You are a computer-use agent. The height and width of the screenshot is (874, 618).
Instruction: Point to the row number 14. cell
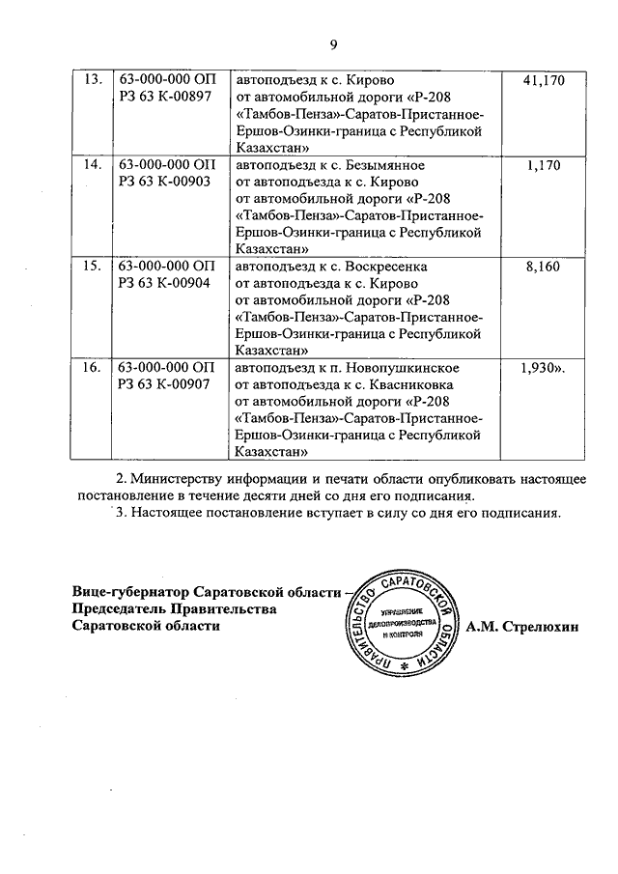[92, 165]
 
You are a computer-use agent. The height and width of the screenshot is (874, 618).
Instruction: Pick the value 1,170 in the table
[545, 165]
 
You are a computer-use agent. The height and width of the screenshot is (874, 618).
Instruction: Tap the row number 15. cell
[92, 266]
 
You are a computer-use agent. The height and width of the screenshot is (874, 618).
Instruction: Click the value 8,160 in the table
[545, 266]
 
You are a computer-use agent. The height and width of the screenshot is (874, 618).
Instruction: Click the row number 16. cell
[92, 368]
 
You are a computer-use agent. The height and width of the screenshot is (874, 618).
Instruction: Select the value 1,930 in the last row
[541, 368]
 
